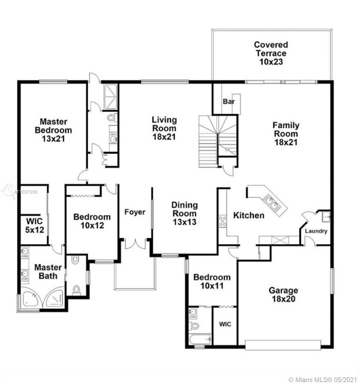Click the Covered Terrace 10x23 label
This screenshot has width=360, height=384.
271,53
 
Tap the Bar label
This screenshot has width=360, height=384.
229,101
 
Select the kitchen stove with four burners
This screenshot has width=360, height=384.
222,221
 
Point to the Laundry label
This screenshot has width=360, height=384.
316,231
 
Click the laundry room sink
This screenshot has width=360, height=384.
326,217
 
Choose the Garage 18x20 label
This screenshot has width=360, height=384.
284,294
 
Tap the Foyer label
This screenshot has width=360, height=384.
135,212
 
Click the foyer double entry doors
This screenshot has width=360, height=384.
135,244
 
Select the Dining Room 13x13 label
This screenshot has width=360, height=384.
185,213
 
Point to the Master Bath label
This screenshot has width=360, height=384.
48,272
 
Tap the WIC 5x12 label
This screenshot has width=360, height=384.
35,226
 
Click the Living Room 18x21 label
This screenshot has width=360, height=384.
164,128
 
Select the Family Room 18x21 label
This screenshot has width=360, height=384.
286,134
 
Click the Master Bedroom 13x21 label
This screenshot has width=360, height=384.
53,130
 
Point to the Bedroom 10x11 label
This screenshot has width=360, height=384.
212,282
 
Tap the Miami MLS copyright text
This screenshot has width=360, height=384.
322,379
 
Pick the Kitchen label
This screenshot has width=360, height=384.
249,215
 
